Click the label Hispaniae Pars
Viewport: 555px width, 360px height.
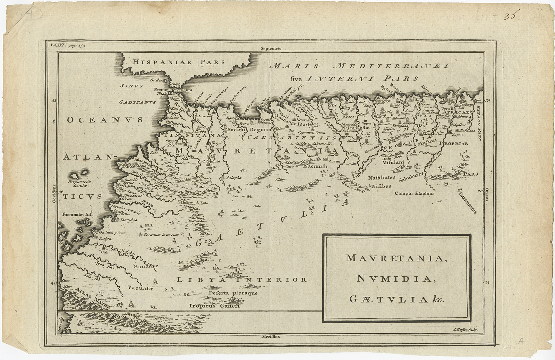179,62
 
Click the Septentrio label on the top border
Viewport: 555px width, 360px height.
270,49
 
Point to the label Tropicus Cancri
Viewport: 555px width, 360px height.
214,306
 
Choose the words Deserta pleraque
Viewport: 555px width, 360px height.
233,293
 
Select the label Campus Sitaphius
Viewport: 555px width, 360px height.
414,194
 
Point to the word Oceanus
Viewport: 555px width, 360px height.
105,120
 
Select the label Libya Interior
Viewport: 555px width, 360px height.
241,279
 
